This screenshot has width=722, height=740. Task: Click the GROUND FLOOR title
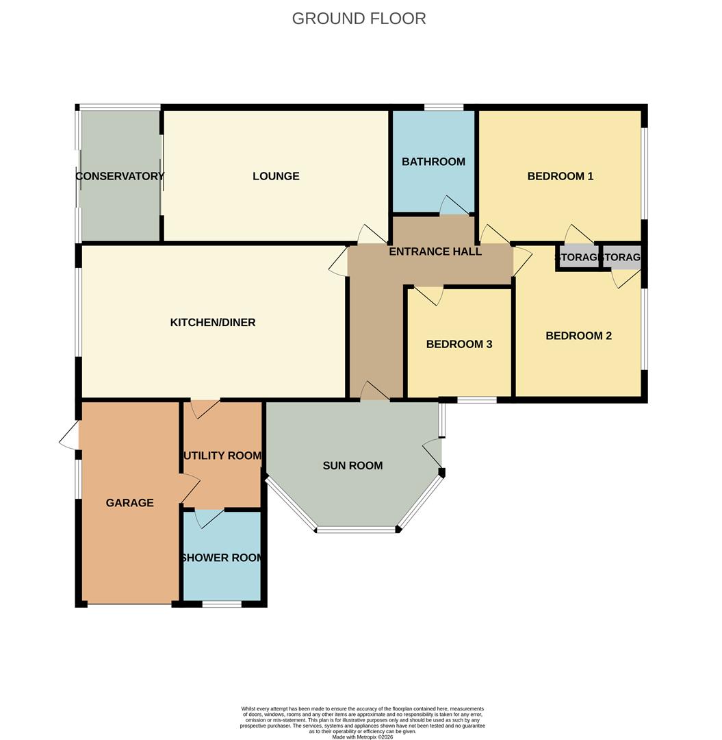click(x=359, y=18)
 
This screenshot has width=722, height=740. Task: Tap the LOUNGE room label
click(x=276, y=176)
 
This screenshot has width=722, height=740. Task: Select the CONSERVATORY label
click(x=120, y=176)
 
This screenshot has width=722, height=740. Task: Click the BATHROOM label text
click(x=433, y=162)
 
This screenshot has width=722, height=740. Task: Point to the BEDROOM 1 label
click(x=560, y=176)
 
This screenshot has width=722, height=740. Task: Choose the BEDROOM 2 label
click(x=578, y=336)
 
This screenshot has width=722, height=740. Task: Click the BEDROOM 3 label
click(x=459, y=344)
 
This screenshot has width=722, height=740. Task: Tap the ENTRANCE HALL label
click(x=435, y=251)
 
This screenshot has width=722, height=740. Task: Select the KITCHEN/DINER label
click(x=213, y=322)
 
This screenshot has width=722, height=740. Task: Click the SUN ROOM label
click(x=352, y=466)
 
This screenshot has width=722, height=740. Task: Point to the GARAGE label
click(x=129, y=503)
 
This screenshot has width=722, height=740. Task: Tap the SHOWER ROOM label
click(x=222, y=558)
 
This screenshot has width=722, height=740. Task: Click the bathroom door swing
click(x=452, y=205)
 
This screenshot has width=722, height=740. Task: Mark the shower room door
click(x=209, y=518)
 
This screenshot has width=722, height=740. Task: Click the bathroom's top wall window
click(x=443, y=108)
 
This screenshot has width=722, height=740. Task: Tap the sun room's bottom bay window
click(x=357, y=529)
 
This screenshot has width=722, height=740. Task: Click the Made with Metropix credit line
click(x=363, y=737)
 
